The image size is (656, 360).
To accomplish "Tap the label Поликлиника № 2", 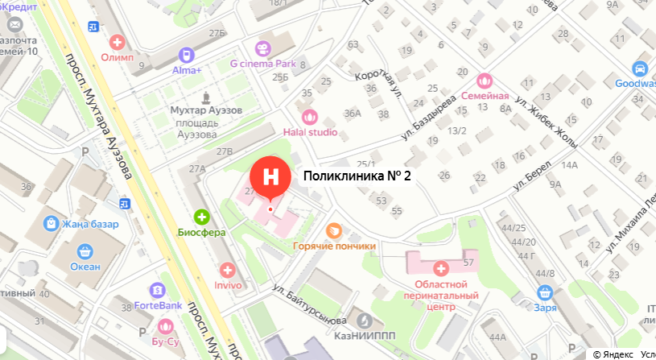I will (x=357, y=176).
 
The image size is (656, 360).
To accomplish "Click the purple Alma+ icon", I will (x=186, y=55).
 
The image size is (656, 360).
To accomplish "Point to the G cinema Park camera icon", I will (x=263, y=48).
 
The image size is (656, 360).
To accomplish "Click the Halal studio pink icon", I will (x=310, y=117).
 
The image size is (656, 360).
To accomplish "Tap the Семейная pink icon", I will (x=484, y=81).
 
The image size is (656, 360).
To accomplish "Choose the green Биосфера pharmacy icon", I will (x=201, y=216).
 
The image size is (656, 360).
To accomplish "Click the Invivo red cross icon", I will (x=227, y=270).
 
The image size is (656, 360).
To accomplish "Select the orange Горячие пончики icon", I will (x=334, y=231).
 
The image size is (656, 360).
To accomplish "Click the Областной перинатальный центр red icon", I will (x=440, y=268).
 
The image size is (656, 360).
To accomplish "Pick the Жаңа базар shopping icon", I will (x=51, y=223).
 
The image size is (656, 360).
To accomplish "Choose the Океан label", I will (x=85, y=267).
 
